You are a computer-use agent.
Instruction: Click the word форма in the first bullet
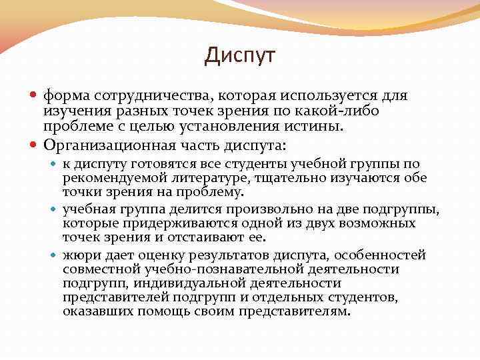(65, 96)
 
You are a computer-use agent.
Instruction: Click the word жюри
(79, 255)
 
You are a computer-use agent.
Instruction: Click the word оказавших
(93, 311)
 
